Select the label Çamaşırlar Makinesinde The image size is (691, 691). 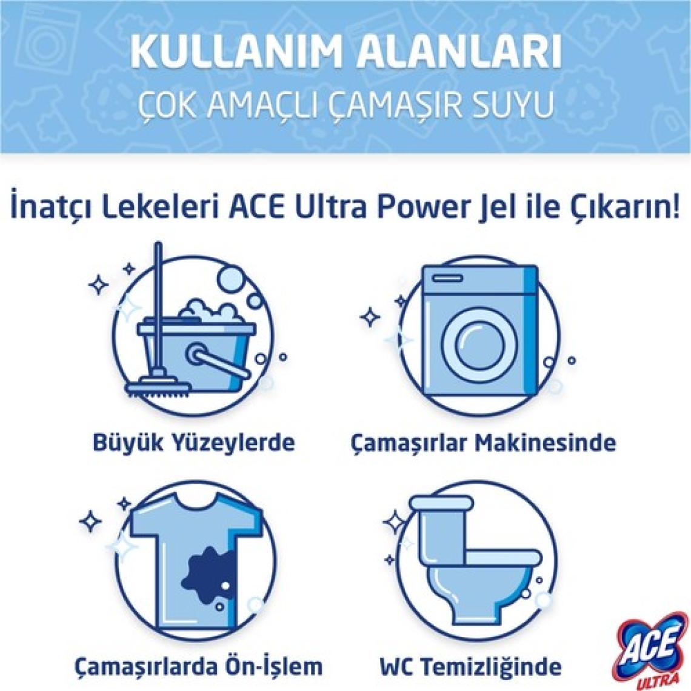click(x=483, y=442)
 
